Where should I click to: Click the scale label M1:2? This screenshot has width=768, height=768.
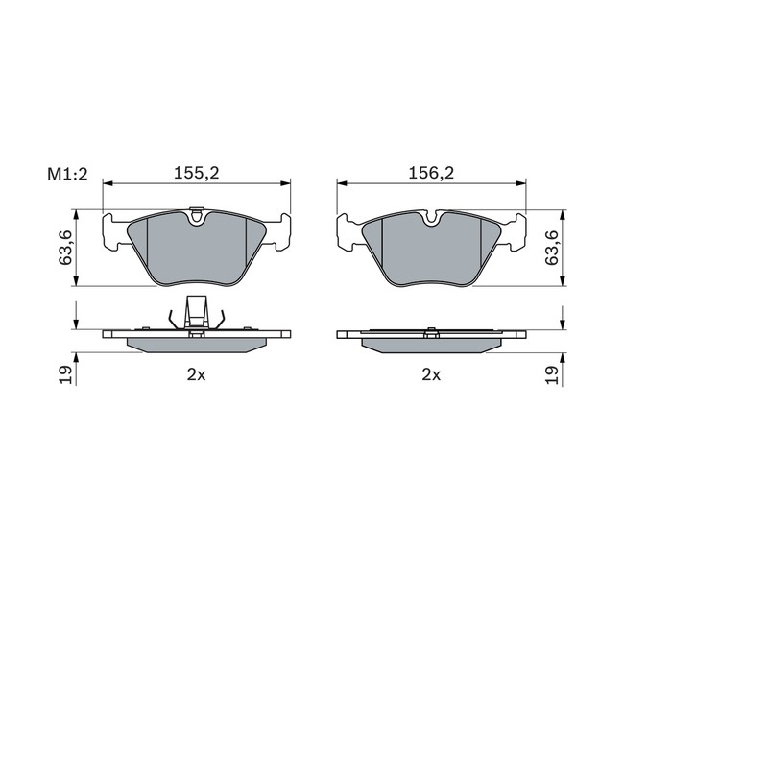pos(67,174)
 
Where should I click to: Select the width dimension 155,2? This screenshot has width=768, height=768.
pos(197,173)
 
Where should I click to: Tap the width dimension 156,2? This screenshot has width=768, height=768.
pos(431,173)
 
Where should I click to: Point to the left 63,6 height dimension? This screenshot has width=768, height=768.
pos(65,248)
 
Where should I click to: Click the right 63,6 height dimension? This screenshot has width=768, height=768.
pos(552,248)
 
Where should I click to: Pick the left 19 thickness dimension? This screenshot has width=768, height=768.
pos(65,374)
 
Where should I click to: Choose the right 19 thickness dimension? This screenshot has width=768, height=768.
pos(552,374)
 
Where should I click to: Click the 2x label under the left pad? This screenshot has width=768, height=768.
pos(197,374)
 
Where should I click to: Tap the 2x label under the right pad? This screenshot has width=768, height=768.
pos(431,374)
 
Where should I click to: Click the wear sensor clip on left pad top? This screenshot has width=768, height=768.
pos(197,215)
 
